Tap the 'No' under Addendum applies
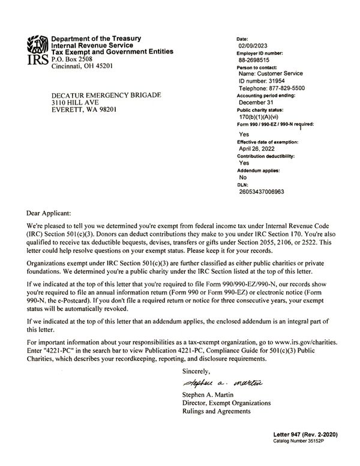point(243,178)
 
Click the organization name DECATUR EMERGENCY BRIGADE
point(106,95)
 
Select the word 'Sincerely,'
point(198,372)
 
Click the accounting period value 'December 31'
point(257,102)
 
